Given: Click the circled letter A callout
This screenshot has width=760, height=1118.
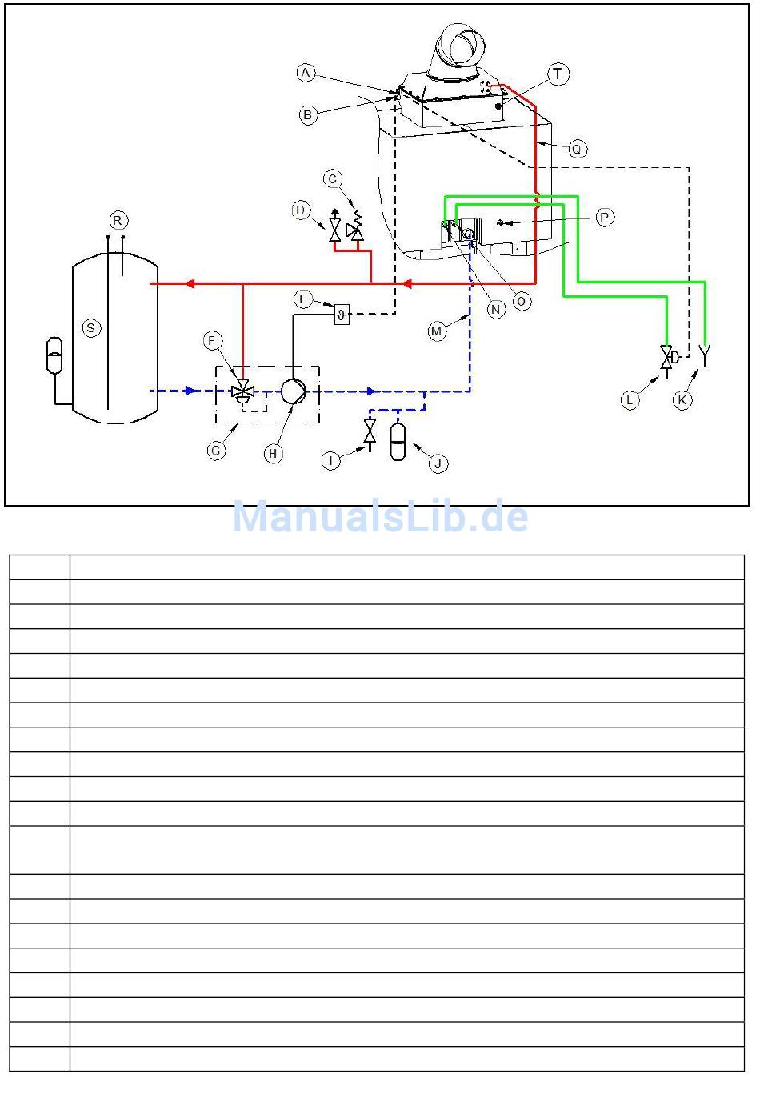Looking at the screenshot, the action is [x=306, y=72].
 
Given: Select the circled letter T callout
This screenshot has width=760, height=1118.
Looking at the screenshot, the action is [x=558, y=74].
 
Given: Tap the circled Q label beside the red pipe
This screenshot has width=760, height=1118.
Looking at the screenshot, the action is [x=577, y=149].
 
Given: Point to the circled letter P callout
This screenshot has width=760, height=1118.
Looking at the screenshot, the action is [x=605, y=218].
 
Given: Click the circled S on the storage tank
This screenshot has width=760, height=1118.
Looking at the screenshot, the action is [x=91, y=328].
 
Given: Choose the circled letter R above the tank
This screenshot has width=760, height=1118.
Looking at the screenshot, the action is [x=118, y=221].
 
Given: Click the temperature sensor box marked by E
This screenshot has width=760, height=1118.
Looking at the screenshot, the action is [x=342, y=315].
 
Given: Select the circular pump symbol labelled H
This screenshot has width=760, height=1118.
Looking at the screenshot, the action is [x=294, y=391].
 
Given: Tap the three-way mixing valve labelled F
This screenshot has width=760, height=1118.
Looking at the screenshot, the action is [x=243, y=389].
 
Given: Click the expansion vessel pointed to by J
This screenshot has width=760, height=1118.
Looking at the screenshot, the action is [x=398, y=442].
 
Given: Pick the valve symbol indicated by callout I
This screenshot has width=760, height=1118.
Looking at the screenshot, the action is [x=370, y=435].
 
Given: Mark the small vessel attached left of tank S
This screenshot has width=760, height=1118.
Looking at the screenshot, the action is [x=54, y=355].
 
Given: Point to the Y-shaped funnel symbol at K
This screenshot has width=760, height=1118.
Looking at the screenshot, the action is [x=705, y=355].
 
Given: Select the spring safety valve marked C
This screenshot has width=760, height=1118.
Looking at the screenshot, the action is [x=355, y=227].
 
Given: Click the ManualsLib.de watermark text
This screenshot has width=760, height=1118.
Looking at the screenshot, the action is [x=380, y=516].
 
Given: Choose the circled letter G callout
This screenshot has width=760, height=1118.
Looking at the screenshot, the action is [x=216, y=451].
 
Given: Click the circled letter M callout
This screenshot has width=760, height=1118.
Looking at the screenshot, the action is [x=437, y=331].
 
